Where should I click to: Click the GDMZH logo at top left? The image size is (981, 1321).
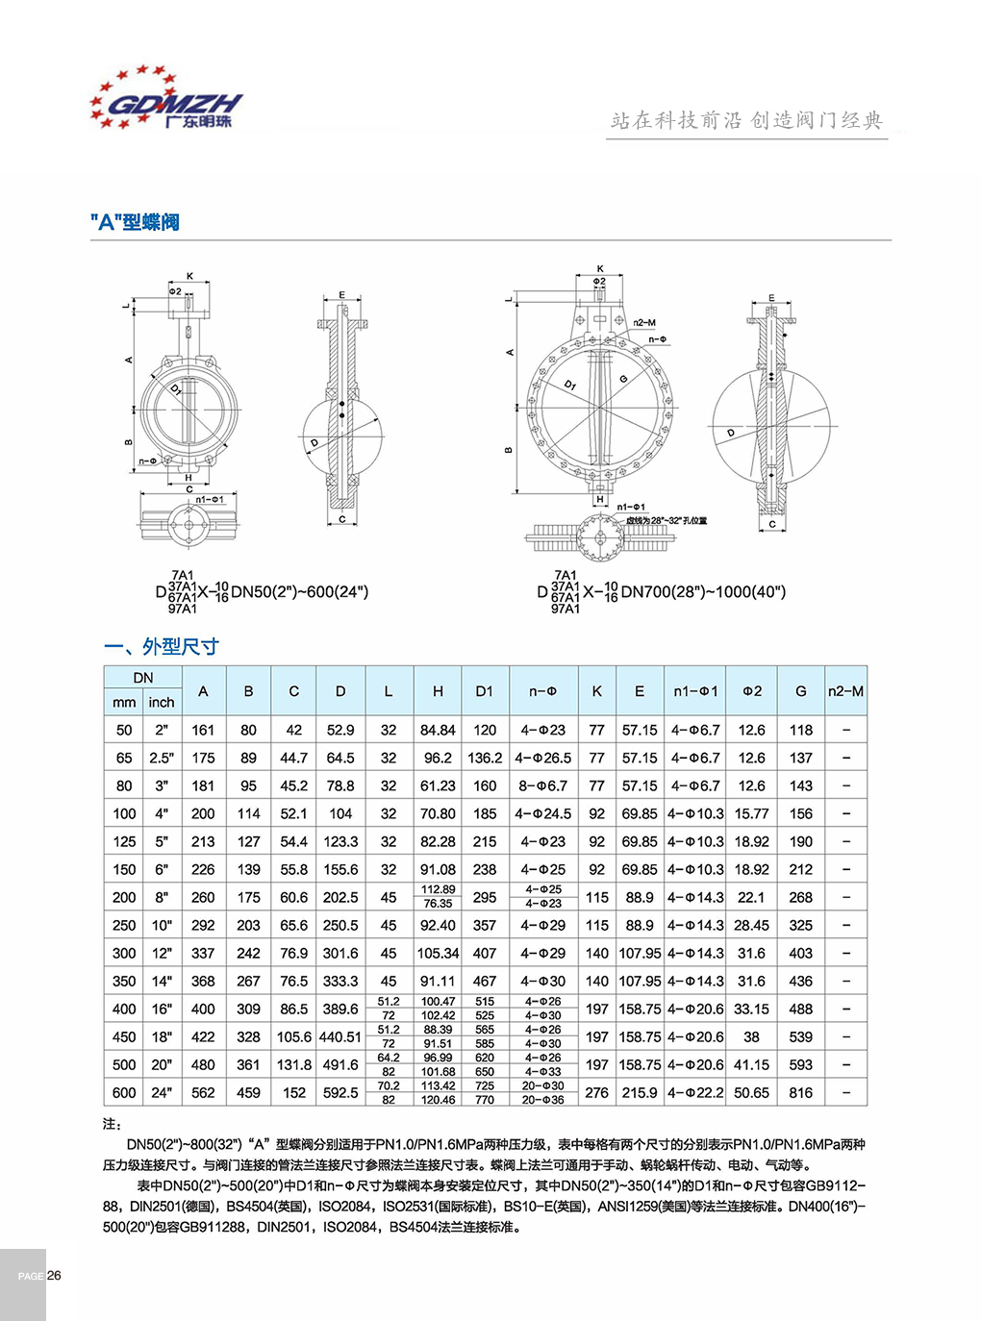[x=165, y=99]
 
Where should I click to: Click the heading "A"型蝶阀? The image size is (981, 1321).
[x=135, y=222]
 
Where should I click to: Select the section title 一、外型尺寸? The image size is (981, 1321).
[x=162, y=646]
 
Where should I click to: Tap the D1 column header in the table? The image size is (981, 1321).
[x=485, y=690]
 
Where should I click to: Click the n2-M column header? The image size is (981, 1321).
[x=845, y=690]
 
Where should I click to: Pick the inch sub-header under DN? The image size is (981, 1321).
[x=162, y=703]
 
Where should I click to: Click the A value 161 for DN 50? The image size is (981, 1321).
[x=203, y=730]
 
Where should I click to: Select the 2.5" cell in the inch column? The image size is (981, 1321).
[x=162, y=758]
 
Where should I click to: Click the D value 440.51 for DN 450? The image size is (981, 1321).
[x=340, y=1036]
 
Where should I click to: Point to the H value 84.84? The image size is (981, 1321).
[x=438, y=730]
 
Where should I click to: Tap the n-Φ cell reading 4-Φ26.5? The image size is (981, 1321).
[x=542, y=758]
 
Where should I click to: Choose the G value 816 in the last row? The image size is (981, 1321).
[x=801, y=1092]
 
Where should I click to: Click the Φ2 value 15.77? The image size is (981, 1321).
[x=752, y=813]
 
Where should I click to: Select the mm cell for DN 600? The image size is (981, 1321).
[x=124, y=1092]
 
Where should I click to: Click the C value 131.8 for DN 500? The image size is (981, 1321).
[x=294, y=1064]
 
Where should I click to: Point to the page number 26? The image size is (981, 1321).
[x=54, y=1276]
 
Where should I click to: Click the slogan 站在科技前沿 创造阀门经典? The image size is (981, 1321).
[x=746, y=120]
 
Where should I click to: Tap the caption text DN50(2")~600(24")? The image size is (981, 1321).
[x=299, y=592]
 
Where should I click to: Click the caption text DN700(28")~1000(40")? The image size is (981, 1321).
[x=703, y=592]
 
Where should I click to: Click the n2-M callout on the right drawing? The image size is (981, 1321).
[x=644, y=323]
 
